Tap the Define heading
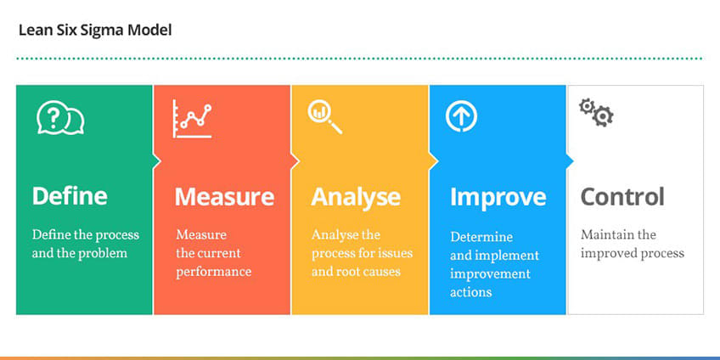[x=70, y=196]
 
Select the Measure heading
[x=224, y=197]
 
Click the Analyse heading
[x=356, y=197]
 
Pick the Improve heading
[x=498, y=197]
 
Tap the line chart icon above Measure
[x=191, y=119]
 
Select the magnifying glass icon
[x=325, y=117]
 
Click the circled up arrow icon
[x=461, y=116]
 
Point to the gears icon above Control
[x=595, y=112]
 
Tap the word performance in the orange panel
[x=213, y=272]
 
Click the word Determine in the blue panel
[x=481, y=237]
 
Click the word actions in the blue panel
[x=471, y=292]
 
